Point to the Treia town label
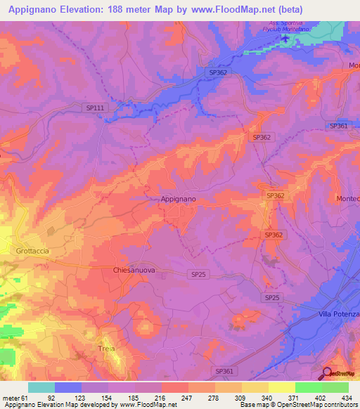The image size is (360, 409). click(106, 348)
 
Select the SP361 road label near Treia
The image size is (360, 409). click(223, 370)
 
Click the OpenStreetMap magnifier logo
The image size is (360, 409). click(328, 373)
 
